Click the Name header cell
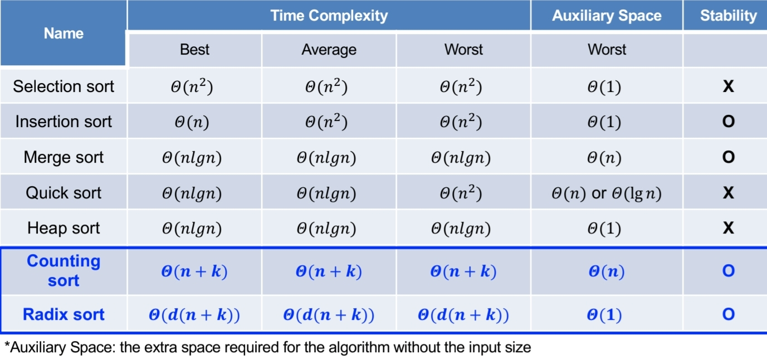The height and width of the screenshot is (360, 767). (x=63, y=33)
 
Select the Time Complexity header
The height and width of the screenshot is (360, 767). (x=329, y=16)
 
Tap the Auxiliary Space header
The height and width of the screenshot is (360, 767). (x=607, y=16)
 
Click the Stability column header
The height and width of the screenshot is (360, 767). (x=729, y=16)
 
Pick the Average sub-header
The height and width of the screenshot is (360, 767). (x=329, y=50)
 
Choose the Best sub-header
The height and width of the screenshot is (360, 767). (x=194, y=50)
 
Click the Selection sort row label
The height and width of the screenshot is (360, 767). (x=63, y=86)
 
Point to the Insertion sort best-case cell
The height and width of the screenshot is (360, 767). (x=192, y=121)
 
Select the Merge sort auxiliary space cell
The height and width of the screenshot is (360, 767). (x=604, y=158)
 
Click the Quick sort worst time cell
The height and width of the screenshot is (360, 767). (x=461, y=193)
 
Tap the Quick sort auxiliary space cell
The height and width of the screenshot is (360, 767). (x=607, y=193)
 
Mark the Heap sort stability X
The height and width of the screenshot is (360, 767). (x=729, y=228)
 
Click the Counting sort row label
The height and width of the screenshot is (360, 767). (x=63, y=271)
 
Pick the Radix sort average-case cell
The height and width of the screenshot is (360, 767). (x=329, y=315)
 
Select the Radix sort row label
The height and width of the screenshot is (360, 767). (x=63, y=314)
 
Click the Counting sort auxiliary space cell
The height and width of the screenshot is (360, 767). (x=607, y=271)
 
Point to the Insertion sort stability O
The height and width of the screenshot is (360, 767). (x=729, y=121)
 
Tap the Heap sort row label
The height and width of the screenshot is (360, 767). (x=63, y=228)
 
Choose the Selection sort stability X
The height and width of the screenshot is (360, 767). (x=729, y=86)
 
